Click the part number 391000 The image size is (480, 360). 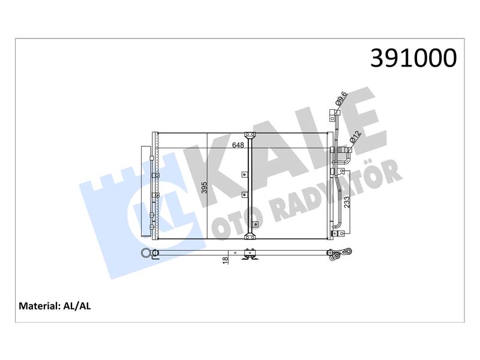(413, 58)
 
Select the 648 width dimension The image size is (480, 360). (238, 145)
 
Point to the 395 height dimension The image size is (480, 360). (204, 188)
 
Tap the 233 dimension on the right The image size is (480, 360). (347, 202)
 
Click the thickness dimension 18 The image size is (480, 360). (226, 260)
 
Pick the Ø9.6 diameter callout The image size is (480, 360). (341, 98)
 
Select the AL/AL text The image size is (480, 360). (77, 306)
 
